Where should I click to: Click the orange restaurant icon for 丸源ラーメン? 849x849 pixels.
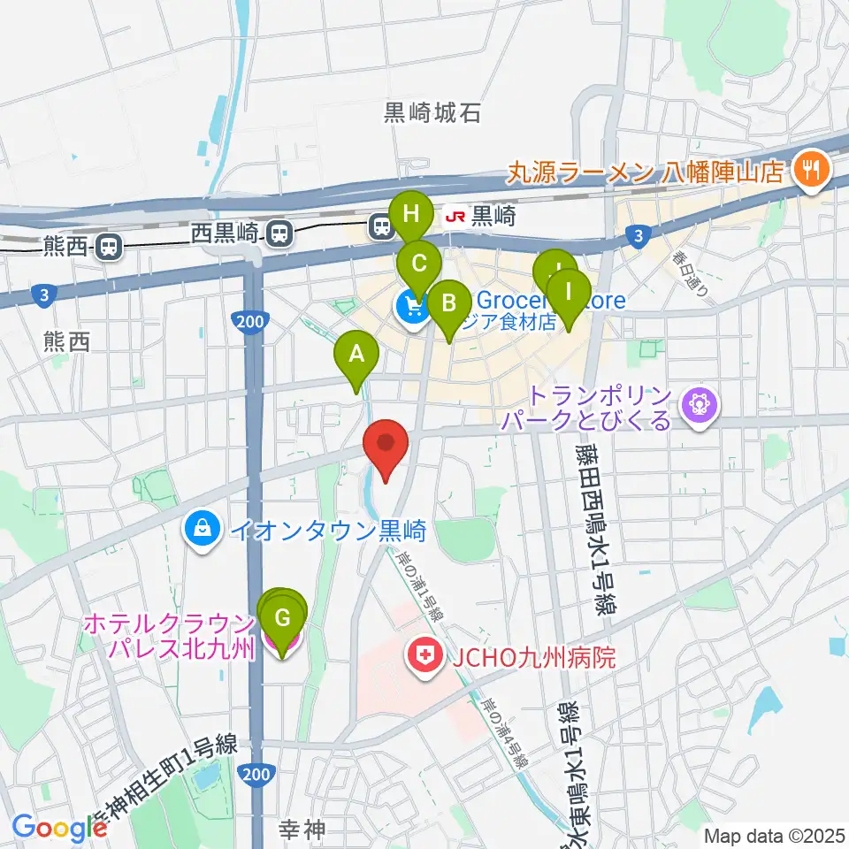(x=808, y=168)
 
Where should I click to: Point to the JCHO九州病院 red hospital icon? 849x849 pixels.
(x=423, y=656)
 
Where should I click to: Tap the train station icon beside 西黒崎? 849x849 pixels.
(x=279, y=233)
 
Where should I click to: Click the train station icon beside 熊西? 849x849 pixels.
(x=110, y=245)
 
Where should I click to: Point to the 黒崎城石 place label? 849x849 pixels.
(x=432, y=113)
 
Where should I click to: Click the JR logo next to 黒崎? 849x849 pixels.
(x=455, y=215)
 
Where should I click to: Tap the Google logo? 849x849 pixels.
(x=59, y=828)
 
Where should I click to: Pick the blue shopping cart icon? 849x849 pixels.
(x=411, y=307)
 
